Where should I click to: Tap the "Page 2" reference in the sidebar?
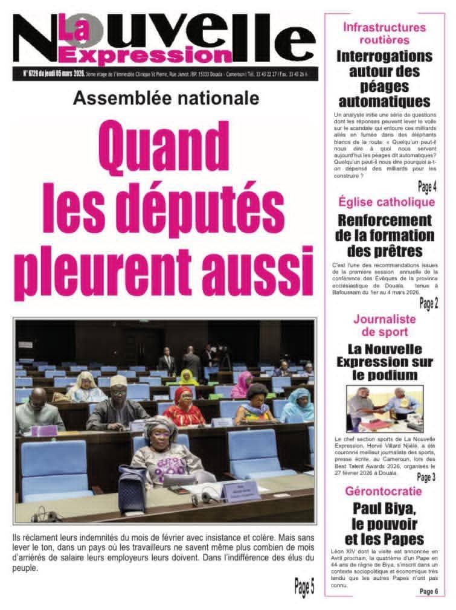tap(428, 304)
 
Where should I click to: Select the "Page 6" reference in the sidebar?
tap(428, 591)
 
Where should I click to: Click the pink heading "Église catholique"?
tap(387, 202)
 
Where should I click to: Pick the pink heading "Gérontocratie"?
tap(384, 491)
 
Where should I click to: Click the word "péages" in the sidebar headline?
tap(384, 86)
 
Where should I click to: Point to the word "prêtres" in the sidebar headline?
tap(384, 250)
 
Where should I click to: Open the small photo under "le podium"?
tap(384, 409)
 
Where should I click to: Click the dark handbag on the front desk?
tap(132, 487)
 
